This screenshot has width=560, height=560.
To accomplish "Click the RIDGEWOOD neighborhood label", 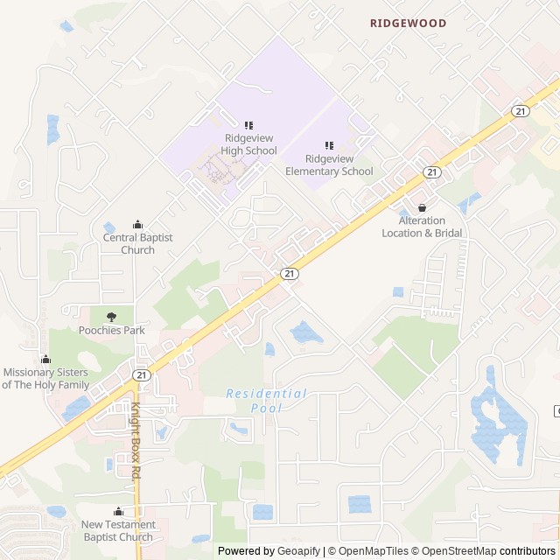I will (408, 24).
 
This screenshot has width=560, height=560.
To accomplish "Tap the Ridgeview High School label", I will (249, 144).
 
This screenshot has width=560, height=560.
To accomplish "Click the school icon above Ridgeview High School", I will (249, 126).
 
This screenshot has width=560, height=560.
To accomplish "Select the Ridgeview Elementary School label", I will (329, 164).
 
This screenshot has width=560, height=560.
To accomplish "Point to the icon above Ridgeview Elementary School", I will (329, 145).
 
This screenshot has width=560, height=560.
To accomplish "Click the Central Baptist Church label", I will (137, 243).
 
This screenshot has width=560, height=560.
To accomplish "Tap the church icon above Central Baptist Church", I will (137, 225).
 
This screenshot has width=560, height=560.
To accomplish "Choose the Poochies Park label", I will (111, 330).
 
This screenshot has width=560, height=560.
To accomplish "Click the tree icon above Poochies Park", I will (111, 317).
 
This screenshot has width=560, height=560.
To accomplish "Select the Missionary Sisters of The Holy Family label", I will (45, 378).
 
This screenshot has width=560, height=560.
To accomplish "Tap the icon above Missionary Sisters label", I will (45, 359).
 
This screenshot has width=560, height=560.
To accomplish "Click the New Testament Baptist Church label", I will (118, 530).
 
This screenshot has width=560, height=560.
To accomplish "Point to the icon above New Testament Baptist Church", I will (118, 512).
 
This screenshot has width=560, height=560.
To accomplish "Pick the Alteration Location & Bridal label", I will (423, 227).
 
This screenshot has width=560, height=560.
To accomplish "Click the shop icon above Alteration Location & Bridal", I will (423, 208).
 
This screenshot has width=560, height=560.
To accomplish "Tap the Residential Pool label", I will (266, 401).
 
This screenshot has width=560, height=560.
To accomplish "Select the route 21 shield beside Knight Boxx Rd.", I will (140, 374).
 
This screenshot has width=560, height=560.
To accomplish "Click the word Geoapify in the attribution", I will (297, 551).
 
